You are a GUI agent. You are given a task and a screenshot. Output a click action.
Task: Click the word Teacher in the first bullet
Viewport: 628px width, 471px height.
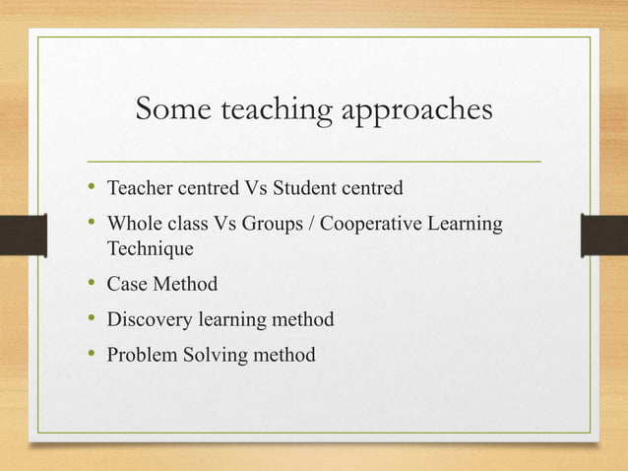[x=138, y=186]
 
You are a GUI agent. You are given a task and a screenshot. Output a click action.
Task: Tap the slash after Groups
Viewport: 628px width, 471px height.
[x=312, y=225]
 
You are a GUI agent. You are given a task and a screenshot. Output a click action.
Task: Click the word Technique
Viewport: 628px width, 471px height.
[x=151, y=248]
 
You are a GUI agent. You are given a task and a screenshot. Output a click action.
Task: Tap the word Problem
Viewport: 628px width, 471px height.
[x=142, y=355]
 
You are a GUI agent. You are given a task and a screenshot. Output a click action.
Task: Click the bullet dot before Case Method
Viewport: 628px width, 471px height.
[x=91, y=285]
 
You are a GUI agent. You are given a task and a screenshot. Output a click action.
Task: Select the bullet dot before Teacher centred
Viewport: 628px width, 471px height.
[x=91, y=186]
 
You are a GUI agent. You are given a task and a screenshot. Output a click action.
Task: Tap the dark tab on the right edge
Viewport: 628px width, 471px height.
[x=604, y=235]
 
